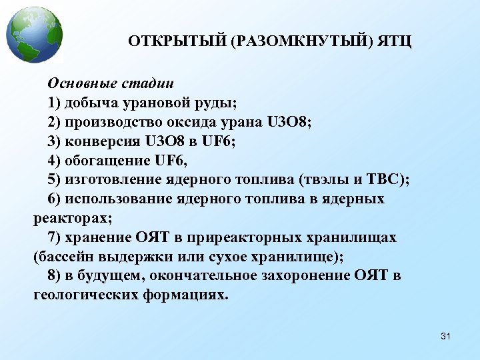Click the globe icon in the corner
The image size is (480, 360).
[x=34, y=34]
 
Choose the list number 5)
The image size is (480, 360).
[x=54, y=180]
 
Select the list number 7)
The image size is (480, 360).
[x=54, y=237]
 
